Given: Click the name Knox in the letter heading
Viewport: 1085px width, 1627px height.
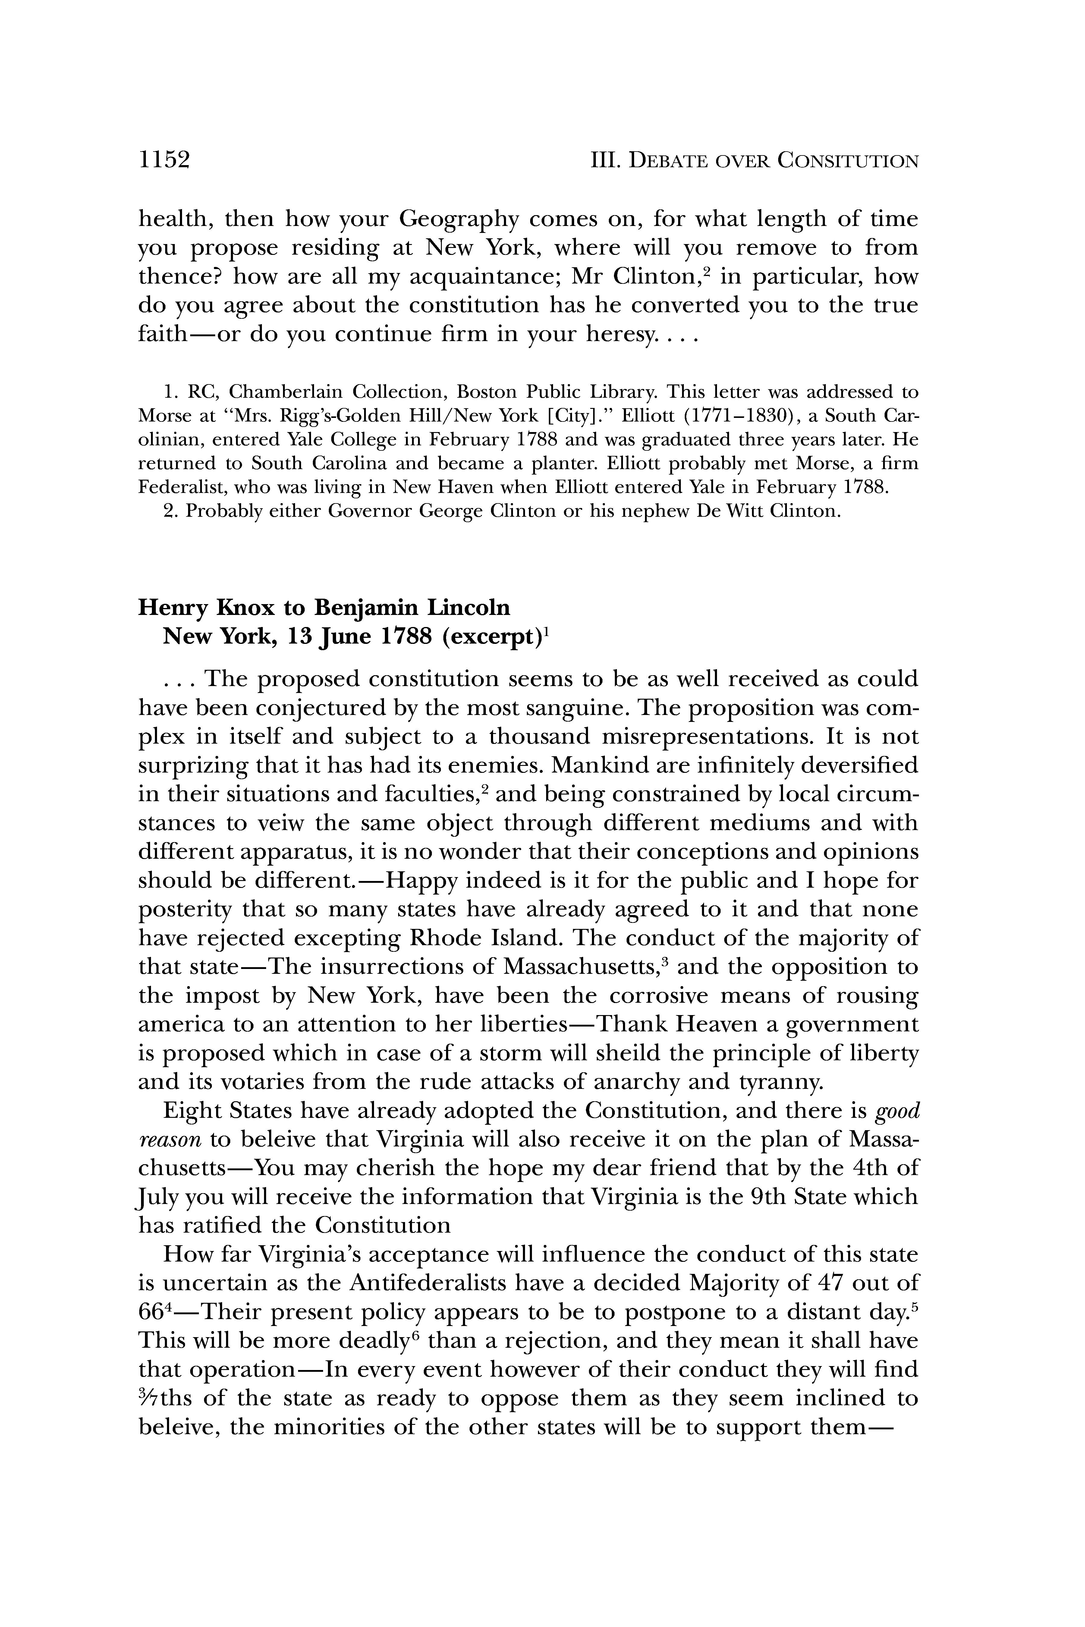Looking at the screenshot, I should tap(247, 607).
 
